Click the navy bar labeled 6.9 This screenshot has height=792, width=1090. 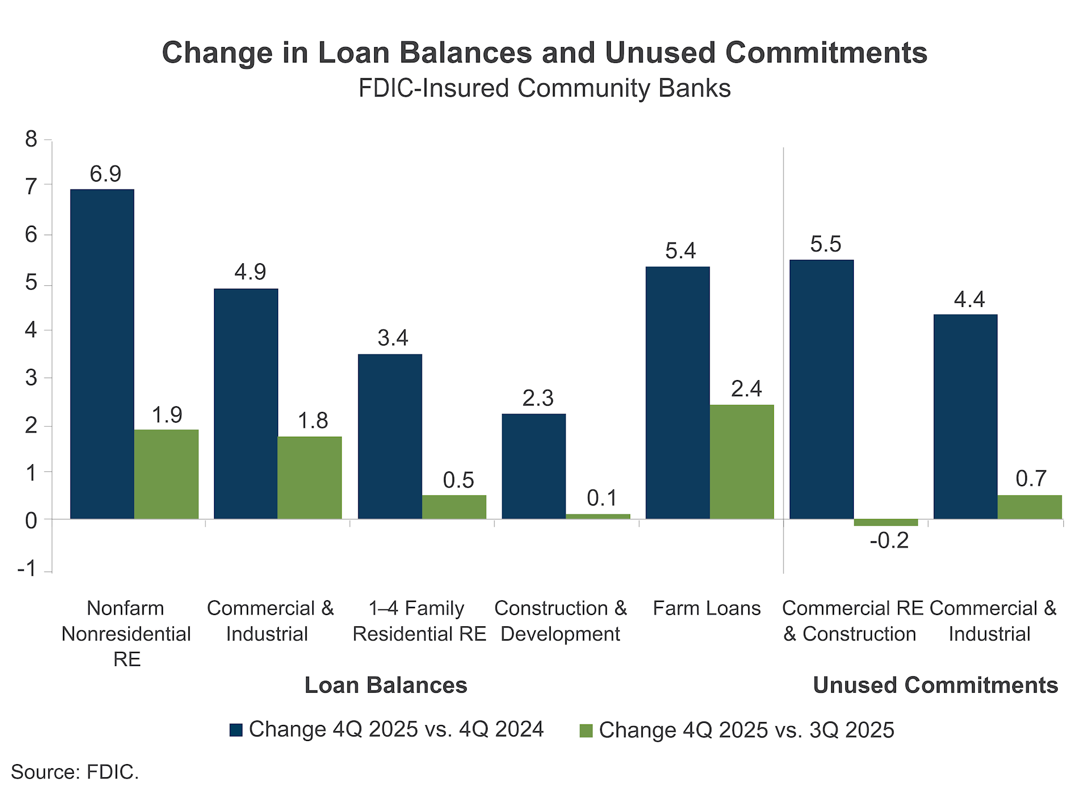(x=102, y=354)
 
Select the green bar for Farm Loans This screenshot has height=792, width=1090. (x=741, y=462)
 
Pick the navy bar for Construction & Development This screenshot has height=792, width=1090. (x=534, y=466)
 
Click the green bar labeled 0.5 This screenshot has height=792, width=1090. (x=454, y=507)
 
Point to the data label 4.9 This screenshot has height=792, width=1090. (x=250, y=272)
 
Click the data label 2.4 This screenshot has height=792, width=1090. (x=746, y=389)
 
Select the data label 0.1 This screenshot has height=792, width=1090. (x=602, y=498)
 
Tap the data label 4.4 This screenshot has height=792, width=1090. (x=969, y=299)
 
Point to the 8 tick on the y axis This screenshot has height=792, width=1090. (x=31, y=139)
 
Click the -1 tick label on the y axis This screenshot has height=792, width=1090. (x=27, y=568)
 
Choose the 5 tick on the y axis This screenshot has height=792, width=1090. (x=31, y=283)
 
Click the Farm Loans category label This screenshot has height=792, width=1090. (x=706, y=608)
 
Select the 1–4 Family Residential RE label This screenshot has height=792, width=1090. (x=419, y=621)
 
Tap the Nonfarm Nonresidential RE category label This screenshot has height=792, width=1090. (x=126, y=633)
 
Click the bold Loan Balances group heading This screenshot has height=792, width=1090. (x=385, y=685)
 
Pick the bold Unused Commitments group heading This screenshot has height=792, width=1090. (x=935, y=685)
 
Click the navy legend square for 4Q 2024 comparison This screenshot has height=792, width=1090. (x=236, y=730)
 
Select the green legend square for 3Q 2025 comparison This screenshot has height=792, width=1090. (x=586, y=731)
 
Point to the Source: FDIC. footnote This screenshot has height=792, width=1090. (x=75, y=772)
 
